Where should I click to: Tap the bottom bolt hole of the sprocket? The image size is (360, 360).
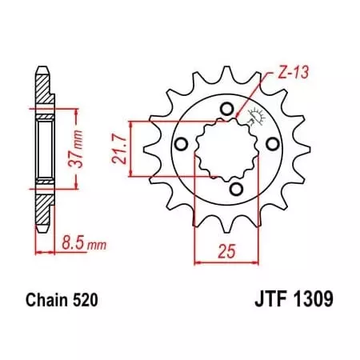[x=237, y=188]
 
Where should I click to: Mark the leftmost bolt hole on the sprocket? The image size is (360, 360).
[x=182, y=143]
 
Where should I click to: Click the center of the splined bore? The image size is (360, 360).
[x=226, y=148]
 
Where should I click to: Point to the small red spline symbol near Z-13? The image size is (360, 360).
[x=257, y=117]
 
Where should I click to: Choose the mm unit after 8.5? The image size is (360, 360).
[x=95, y=238]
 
